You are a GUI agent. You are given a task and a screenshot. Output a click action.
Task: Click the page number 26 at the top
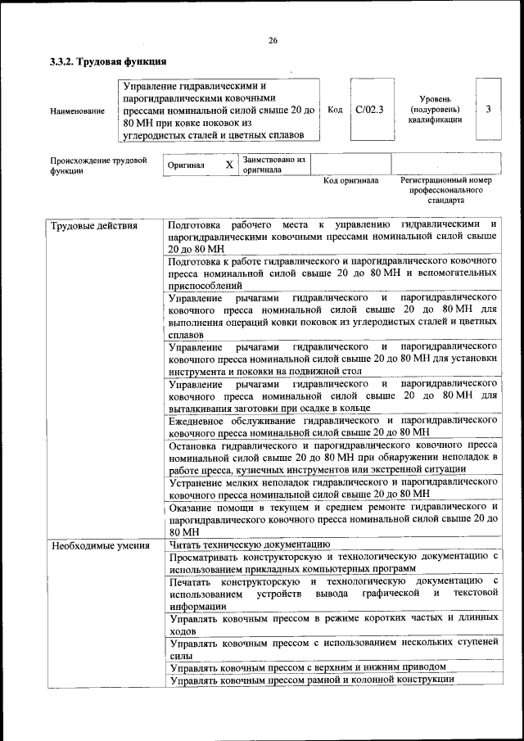[273, 41]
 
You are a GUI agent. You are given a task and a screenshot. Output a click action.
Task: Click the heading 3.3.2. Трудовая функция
[108, 61]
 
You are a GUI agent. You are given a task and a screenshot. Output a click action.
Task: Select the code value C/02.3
[369, 109]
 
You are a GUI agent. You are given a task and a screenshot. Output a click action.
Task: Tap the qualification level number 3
[488, 109]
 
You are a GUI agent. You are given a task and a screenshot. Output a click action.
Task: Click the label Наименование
[77, 111]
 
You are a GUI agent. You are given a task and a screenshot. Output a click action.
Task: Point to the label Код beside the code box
[334, 110]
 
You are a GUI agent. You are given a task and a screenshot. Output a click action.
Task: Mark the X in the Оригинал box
[229, 165]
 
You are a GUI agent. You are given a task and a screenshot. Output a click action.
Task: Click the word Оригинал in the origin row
[185, 165]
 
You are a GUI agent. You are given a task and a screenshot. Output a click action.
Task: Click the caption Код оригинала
[350, 181]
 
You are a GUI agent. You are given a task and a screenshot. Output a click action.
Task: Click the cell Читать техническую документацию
[249, 544]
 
